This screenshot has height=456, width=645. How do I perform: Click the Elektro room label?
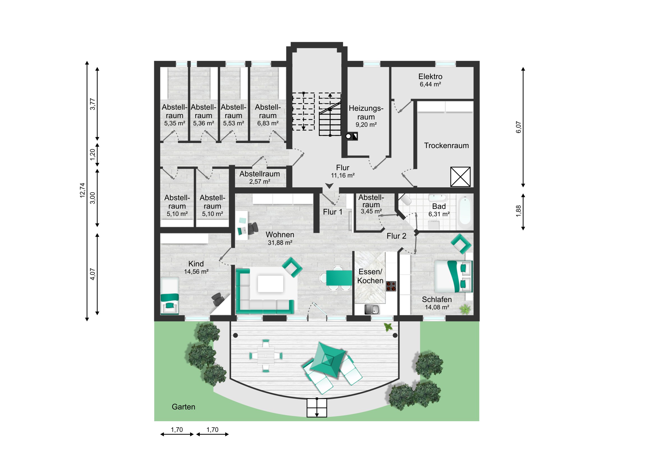pos(430,77)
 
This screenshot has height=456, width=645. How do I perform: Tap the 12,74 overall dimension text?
pos(82,190)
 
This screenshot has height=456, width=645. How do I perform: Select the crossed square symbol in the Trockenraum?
pos(460,177)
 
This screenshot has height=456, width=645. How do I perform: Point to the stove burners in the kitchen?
pos(391,286)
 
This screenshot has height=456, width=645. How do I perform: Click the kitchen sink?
pos(372,309)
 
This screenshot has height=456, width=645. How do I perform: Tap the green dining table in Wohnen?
pos(339,278)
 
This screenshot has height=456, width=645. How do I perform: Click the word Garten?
pos(183,407)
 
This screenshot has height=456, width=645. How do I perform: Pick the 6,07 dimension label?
pos(518,127)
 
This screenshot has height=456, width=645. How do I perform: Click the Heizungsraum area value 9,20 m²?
pos(366,125)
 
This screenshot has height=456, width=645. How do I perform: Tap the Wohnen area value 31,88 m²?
pos(280,243)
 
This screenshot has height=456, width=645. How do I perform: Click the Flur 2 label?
pos(396,236)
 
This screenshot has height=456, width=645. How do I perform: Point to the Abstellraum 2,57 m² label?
pos(260,177)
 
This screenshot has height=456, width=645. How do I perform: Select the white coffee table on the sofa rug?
pos(270,284)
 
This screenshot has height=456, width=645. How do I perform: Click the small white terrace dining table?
pos(266,356)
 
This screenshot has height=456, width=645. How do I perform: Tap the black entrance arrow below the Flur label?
pos(329,186)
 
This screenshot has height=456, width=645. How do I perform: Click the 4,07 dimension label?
pos(93,274)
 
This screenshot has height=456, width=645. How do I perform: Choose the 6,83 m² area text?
pos(268,123)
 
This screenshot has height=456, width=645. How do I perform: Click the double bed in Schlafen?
pos(453,277)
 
